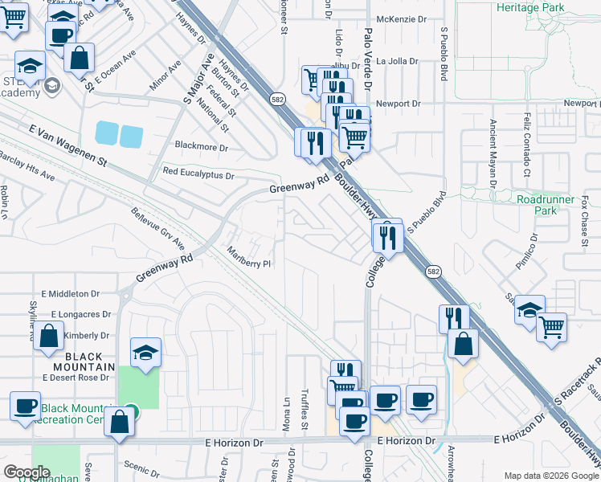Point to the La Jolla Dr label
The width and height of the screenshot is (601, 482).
399,60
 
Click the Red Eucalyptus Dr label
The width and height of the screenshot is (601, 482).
198,173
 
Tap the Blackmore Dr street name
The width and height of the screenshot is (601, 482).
202,148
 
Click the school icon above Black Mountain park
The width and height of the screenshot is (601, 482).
145,352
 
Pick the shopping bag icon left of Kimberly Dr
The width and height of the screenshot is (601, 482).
49,337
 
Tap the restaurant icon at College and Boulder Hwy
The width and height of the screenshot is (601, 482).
387,236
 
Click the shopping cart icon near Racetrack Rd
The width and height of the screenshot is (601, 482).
551,325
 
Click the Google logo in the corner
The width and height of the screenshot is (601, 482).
27,472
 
